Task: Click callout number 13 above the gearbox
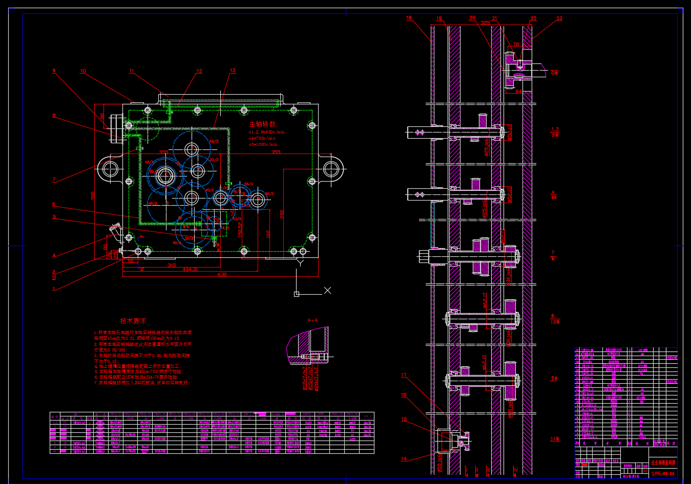[233, 71]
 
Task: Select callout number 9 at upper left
[54, 71]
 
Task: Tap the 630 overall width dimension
[222, 275]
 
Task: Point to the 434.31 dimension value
[190, 270]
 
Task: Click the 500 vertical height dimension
[93, 195]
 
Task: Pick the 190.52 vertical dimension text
[240, 229]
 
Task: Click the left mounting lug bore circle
[110, 168]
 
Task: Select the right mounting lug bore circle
[331, 168]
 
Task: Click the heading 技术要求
[133, 321]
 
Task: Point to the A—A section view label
[312, 320]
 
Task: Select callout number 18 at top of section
[409, 18]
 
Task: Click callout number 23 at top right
[559, 18]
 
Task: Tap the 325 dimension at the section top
[485, 23]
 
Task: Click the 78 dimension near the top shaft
[516, 45]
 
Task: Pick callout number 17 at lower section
[404, 375]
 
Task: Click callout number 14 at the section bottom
[404, 459]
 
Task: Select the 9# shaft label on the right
[554, 379]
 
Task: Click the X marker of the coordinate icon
[328, 290]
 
